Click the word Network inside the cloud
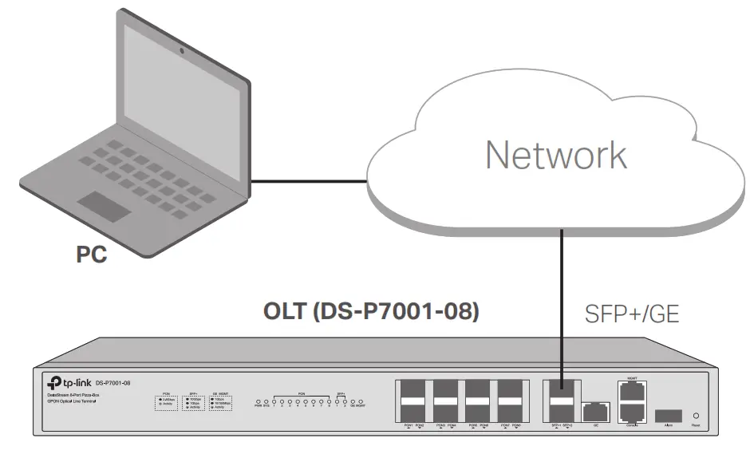pos(556,155)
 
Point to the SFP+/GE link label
pos(631,314)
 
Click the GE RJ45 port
pos(594,413)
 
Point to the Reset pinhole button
pos(698,416)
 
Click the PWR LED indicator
pos(258,401)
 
